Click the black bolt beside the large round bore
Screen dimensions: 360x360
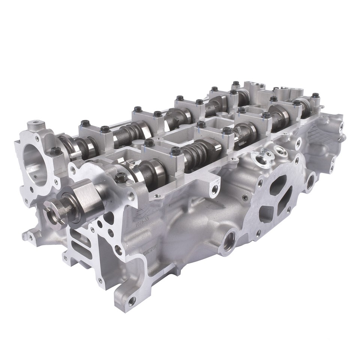click(x=56, y=151)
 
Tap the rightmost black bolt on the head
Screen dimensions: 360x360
click(x=315, y=96)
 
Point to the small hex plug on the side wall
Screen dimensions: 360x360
click(x=245, y=197)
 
